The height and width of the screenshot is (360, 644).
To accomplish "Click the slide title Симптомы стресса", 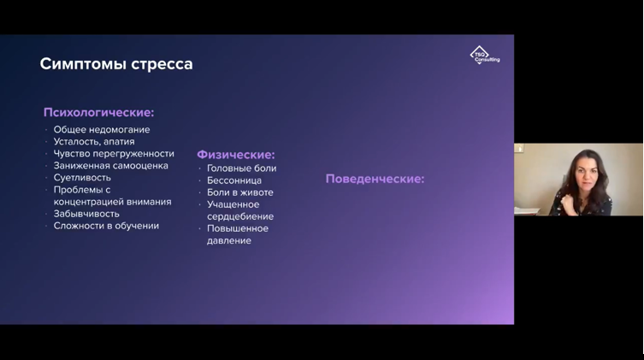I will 116,64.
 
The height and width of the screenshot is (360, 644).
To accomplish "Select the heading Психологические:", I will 98,112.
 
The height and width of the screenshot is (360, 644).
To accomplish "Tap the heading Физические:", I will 236,155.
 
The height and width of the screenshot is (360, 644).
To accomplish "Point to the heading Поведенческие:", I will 375,179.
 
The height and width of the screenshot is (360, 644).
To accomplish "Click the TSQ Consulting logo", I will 486,56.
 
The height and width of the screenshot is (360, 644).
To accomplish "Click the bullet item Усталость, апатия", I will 94,142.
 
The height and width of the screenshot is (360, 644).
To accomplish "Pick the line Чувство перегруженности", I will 113,154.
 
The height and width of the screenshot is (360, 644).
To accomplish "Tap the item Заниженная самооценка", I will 110,166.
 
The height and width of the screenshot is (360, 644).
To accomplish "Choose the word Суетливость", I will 82,178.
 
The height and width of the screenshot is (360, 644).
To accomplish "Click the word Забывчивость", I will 86,214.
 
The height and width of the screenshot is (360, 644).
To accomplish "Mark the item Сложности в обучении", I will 106,226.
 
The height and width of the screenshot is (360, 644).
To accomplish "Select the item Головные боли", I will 241,168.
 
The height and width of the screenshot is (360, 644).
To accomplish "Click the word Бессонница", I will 234,180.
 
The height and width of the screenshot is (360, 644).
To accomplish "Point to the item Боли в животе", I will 240,192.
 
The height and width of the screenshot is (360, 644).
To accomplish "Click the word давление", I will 229,240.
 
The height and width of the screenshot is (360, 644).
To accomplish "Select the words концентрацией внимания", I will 112,202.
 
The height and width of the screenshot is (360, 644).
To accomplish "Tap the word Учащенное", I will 233,204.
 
